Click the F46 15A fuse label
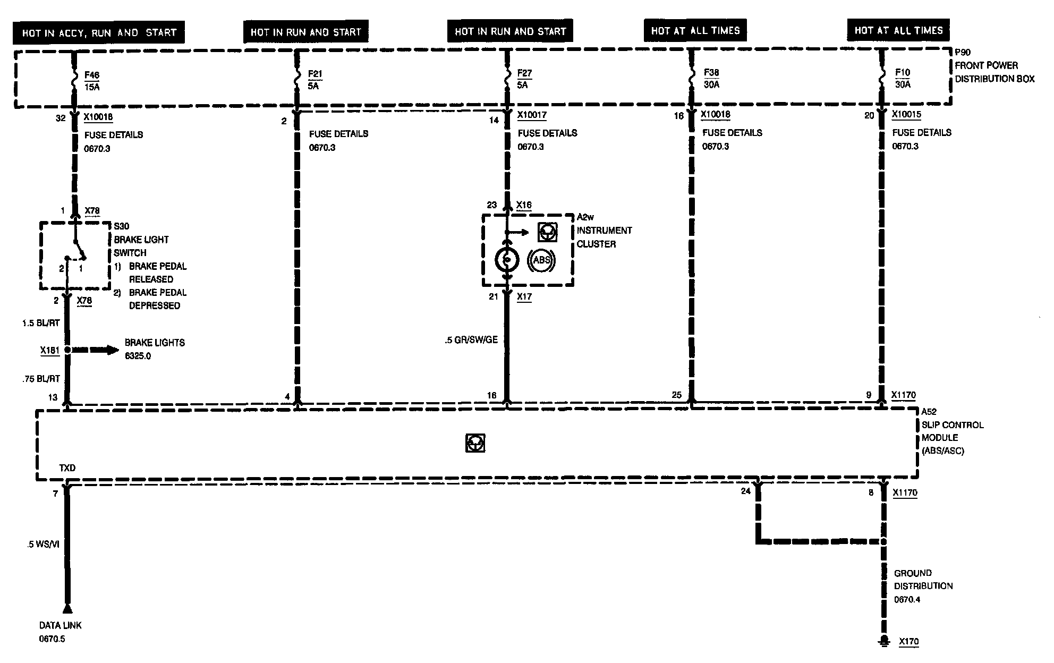(x=91, y=81)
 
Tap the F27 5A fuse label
(x=524, y=79)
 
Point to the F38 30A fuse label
(x=711, y=78)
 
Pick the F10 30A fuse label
(x=902, y=78)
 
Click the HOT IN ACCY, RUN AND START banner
(x=99, y=32)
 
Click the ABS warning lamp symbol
(x=541, y=260)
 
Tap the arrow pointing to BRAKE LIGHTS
(x=96, y=350)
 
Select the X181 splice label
(x=49, y=351)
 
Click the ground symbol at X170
(x=883, y=641)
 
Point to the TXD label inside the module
(x=67, y=468)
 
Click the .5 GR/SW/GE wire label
(x=471, y=340)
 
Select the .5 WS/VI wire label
(x=44, y=545)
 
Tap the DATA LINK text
(x=61, y=625)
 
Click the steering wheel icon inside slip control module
(x=475, y=443)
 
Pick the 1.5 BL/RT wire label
(x=41, y=322)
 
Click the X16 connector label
(x=524, y=205)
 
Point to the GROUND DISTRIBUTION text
(x=923, y=580)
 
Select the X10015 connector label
(x=906, y=115)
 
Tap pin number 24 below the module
(x=745, y=491)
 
